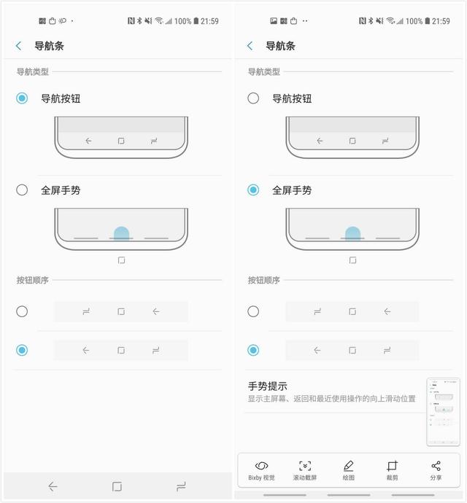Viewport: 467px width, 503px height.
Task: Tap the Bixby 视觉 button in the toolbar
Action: point(261,470)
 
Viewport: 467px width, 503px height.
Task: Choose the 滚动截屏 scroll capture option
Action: point(305,470)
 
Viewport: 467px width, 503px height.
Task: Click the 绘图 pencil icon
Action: point(348,470)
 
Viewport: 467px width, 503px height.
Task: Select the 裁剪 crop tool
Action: point(392,470)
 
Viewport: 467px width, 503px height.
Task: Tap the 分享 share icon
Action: point(436,470)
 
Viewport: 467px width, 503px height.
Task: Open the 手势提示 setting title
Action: point(268,386)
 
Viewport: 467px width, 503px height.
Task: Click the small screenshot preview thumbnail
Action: point(443,411)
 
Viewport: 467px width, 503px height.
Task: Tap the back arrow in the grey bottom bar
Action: point(53,486)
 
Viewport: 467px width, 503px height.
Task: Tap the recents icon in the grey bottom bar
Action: point(181,486)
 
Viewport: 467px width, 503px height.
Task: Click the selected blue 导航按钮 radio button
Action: point(23,98)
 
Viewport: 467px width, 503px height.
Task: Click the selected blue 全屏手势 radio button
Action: point(253,190)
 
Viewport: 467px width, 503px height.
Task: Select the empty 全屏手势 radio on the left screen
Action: point(23,190)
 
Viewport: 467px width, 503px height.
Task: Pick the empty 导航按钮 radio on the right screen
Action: point(253,98)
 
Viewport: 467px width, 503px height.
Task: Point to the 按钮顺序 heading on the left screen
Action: point(33,280)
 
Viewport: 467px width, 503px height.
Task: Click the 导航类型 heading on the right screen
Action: point(263,71)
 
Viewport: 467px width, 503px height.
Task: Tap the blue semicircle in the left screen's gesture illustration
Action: point(121,233)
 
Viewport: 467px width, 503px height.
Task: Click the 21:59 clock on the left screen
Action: point(209,21)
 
